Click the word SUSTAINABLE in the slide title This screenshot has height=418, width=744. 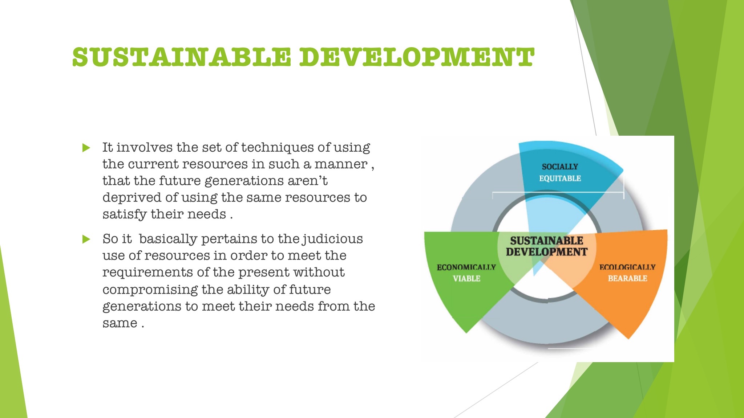pyautogui.click(x=182, y=57)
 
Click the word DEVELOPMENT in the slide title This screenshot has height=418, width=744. pyautogui.click(x=416, y=57)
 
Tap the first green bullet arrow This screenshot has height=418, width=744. pyautogui.click(x=86, y=148)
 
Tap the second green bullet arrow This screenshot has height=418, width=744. pyautogui.click(x=86, y=239)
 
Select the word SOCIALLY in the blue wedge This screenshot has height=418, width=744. pyautogui.click(x=559, y=167)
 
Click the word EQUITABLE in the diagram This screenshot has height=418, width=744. pyautogui.click(x=560, y=178)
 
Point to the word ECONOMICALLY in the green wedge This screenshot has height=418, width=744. pyautogui.click(x=466, y=267)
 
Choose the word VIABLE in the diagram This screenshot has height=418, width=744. pyautogui.click(x=466, y=278)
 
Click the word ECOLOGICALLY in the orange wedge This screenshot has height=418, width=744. pyautogui.click(x=627, y=267)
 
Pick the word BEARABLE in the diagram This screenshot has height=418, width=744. pyautogui.click(x=627, y=278)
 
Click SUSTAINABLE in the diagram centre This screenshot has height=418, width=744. pyautogui.click(x=546, y=241)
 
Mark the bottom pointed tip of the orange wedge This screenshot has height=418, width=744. pyautogui.click(x=628, y=339)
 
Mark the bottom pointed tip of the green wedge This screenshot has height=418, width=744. pyautogui.click(x=466, y=332)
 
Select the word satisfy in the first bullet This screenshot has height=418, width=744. pyautogui.click(x=124, y=214)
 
